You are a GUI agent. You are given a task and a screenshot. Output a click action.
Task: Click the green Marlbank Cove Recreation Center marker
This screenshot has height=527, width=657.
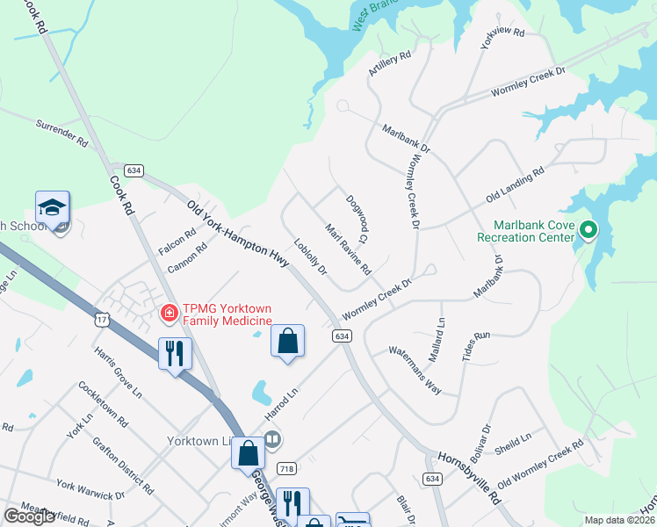click(589, 232)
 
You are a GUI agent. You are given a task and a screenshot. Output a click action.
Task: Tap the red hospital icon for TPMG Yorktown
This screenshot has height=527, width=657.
click(168, 312)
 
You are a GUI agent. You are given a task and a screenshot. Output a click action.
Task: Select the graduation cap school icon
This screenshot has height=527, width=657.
click(51, 208)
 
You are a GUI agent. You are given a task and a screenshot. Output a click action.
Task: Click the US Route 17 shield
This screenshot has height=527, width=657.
click(104, 320)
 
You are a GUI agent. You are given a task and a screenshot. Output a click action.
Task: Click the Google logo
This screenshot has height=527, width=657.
click(29, 516)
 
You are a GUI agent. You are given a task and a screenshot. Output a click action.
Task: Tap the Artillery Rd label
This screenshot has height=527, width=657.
click(390, 63)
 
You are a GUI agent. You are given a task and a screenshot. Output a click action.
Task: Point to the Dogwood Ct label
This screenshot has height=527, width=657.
click(357, 220)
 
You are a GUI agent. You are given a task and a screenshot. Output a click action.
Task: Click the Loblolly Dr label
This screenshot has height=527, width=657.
click(310, 257)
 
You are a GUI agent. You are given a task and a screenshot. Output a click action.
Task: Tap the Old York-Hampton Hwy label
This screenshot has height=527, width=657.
click(237, 233)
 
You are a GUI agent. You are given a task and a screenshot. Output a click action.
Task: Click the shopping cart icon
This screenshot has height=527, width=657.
click(353, 521)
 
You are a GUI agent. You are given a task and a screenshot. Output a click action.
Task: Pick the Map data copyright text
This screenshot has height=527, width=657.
click(620, 520)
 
